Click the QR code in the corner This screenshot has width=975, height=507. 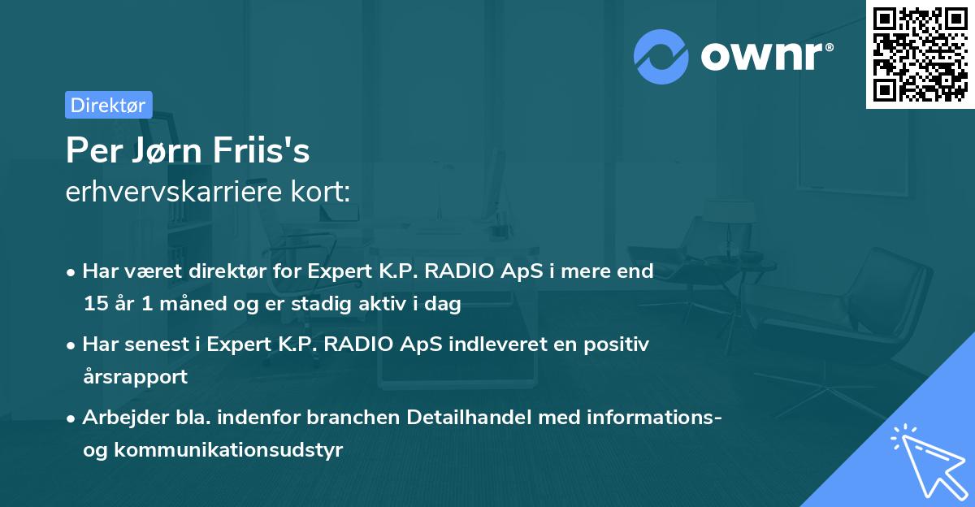(920, 54)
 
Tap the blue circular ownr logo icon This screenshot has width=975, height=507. (661, 56)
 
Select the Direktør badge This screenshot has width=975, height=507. (108, 105)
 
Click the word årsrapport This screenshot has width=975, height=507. (135, 377)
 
